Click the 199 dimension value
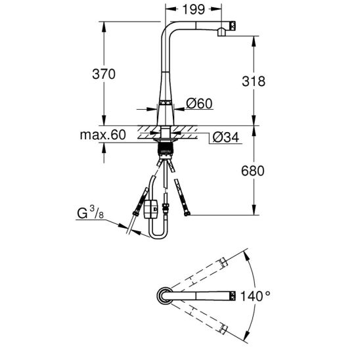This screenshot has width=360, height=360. click(194, 9)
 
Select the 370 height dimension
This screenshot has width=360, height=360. click(104, 74)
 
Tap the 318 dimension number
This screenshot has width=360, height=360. click(254, 81)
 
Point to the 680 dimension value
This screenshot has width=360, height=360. click(253, 171)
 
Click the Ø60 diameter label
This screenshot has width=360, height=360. click(199, 104)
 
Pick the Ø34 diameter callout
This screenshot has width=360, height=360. click(226, 137)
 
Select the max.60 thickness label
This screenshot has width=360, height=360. click(103, 135)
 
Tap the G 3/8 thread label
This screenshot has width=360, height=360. click(90, 213)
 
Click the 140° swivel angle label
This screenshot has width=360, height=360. click(255, 296)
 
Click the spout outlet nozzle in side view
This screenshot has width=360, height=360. click(221, 32)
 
